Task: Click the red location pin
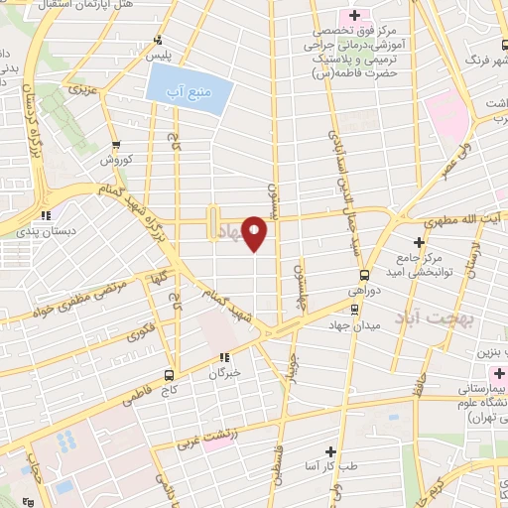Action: [x=256, y=233]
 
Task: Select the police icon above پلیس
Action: [x=157, y=41]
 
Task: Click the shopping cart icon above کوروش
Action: [x=116, y=145]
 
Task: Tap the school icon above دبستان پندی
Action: [x=45, y=214]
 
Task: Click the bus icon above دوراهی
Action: [x=364, y=275]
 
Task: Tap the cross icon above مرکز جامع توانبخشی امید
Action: [x=419, y=241]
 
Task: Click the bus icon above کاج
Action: [x=169, y=375]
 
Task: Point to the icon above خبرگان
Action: [x=225, y=357]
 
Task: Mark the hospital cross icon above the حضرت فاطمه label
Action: [x=354, y=15]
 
